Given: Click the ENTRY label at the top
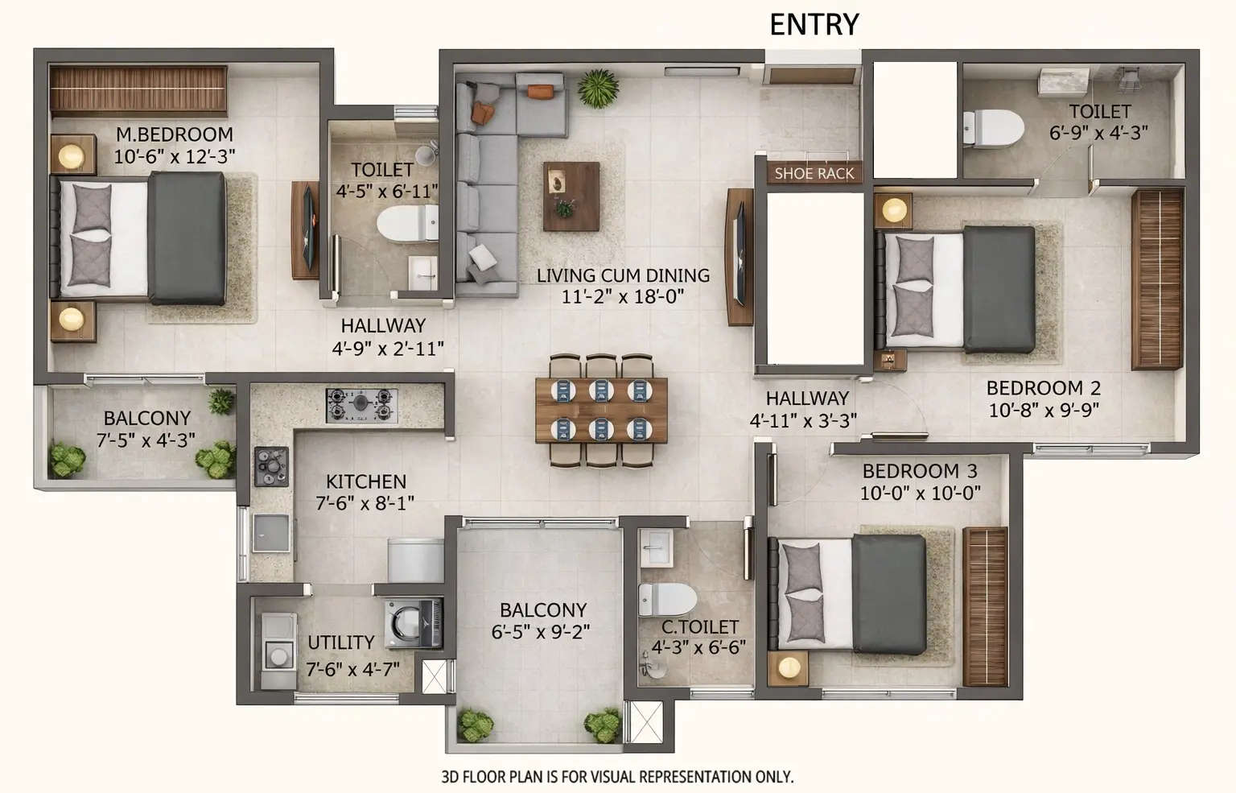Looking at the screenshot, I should (x=814, y=24).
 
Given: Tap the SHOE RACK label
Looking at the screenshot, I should (x=814, y=173).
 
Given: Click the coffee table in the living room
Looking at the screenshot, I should (x=571, y=196).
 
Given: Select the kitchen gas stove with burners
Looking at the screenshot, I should (x=361, y=404).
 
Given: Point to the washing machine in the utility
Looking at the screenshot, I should (x=413, y=622).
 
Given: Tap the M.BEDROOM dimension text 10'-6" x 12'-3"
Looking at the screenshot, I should (x=174, y=156).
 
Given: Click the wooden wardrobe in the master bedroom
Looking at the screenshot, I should (x=138, y=90).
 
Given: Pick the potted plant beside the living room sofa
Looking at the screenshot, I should (x=598, y=88).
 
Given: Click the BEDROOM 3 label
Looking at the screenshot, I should (x=920, y=471).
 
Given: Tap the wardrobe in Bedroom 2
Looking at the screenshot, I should (x=1156, y=279).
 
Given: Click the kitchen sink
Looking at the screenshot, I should (x=270, y=533).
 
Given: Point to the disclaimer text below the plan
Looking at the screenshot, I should (x=617, y=777).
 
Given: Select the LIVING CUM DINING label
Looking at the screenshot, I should (x=623, y=275).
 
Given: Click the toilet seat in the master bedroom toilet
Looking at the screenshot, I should (x=406, y=223).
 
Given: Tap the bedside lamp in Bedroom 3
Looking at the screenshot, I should (x=789, y=667).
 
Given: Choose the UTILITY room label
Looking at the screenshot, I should (x=341, y=642).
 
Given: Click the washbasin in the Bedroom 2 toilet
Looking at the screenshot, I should (x=1062, y=82).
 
